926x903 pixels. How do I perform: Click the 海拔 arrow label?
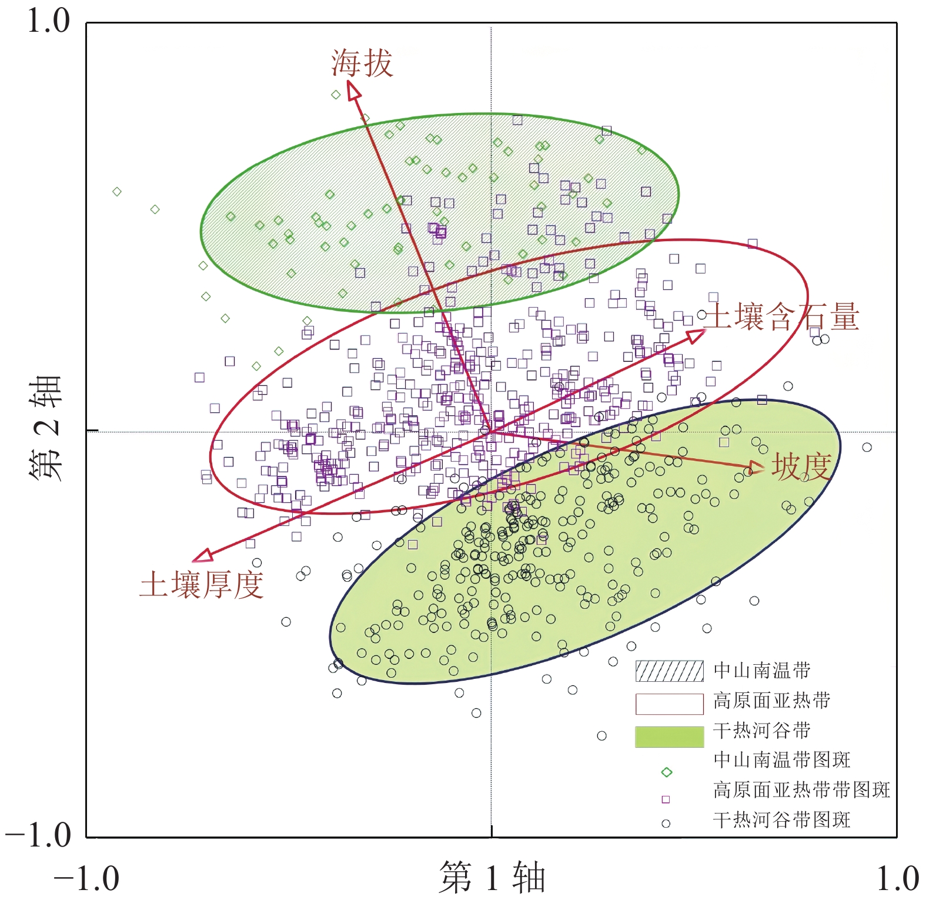tap(362, 63)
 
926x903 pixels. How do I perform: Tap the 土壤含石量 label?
tap(782, 316)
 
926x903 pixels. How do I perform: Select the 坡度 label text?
tap(801, 467)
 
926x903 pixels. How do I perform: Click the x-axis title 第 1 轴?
tap(493, 877)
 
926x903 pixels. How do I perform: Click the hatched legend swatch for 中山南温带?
tap(669, 671)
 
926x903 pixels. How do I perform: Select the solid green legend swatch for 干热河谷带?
tap(669, 737)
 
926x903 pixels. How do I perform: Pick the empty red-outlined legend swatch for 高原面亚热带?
tap(669, 704)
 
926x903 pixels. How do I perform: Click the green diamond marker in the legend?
tap(666, 772)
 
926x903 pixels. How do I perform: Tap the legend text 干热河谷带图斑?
tap(781, 819)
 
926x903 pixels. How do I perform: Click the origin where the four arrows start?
tap(491, 432)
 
